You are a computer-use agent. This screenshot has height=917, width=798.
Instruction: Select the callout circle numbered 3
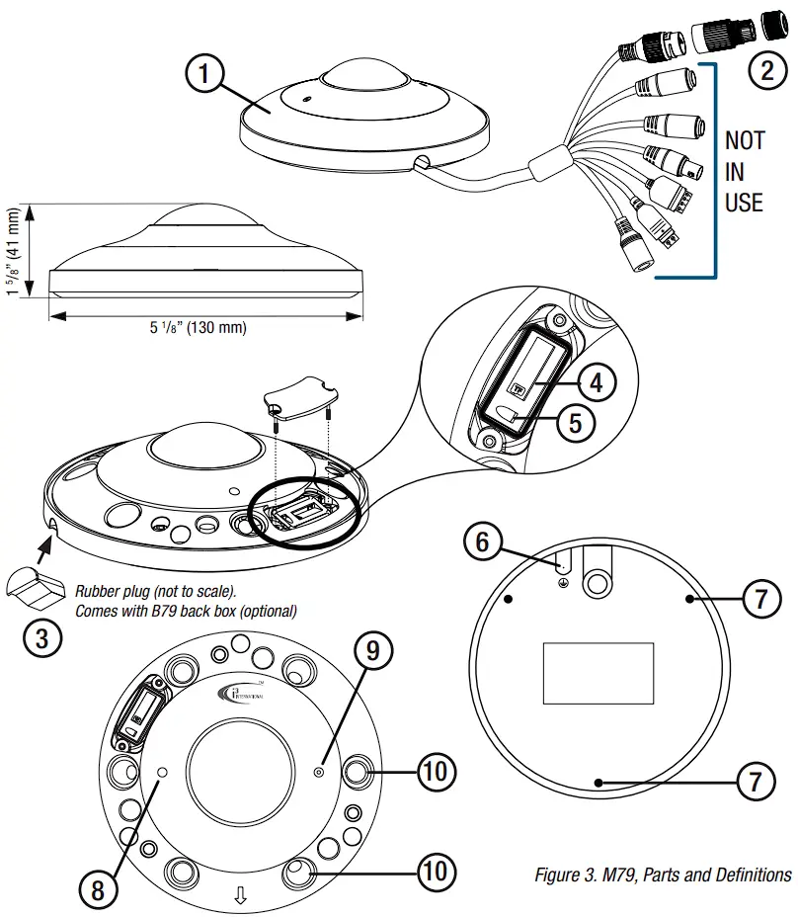tap(40, 637)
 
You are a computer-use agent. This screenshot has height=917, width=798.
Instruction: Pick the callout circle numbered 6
tap(482, 542)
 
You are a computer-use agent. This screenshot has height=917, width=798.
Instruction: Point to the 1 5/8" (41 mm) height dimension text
tap(14, 251)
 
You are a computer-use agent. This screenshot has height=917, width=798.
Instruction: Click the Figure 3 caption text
tap(662, 875)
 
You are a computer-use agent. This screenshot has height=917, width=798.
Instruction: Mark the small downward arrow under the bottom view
tap(238, 895)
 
